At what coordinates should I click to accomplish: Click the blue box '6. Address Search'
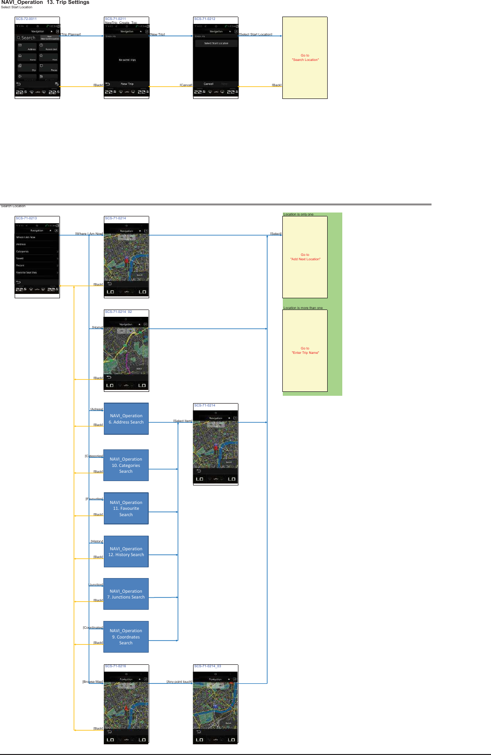pyautogui.click(x=126, y=419)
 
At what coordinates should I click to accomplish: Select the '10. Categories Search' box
pyautogui.click(x=126, y=465)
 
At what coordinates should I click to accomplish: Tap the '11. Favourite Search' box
pyautogui.click(x=126, y=508)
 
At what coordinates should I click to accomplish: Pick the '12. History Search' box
pyautogui.click(x=126, y=551)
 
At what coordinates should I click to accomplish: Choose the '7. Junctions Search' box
pyautogui.click(x=126, y=594)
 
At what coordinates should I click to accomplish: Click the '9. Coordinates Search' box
pyautogui.click(x=126, y=637)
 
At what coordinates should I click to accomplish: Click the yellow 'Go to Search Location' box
pyautogui.click(x=305, y=58)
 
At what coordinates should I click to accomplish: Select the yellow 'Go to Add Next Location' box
pyautogui.click(x=305, y=257)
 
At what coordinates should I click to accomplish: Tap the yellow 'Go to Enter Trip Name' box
pyautogui.click(x=305, y=350)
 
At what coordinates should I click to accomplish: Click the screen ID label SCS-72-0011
pyautogui.click(x=26, y=19)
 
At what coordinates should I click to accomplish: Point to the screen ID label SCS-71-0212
pyautogui.click(x=205, y=19)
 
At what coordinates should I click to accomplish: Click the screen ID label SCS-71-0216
pyautogui.click(x=116, y=666)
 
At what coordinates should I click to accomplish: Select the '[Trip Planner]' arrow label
pyautogui.click(x=71, y=35)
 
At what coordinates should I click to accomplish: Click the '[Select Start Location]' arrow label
pyautogui.click(x=255, y=35)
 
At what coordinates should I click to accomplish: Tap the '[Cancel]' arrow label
pyautogui.click(x=186, y=85)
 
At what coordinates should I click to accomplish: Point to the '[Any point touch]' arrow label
pyautogui.click(x=179, y=682)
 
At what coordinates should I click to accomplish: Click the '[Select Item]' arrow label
pyautogui.click(x=183, y=421)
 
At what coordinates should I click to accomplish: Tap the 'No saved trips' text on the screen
pyautogui.click(x=127, y=60)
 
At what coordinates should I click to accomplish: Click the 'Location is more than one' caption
pyautogui.click(x=303, y=308)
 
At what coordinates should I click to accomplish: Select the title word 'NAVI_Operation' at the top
pyautogui.click(x=22, y=2)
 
